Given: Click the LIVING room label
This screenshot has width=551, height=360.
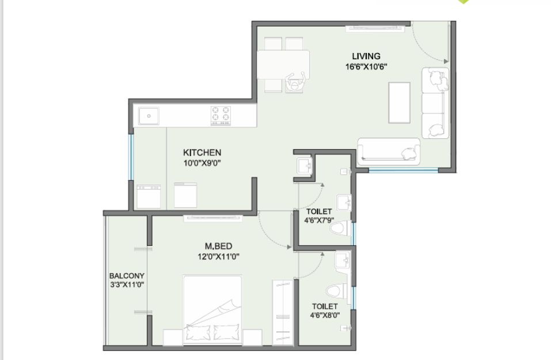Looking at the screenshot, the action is [366, 56].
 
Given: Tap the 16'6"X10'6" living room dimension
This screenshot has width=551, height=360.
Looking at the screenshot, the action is [366, 67].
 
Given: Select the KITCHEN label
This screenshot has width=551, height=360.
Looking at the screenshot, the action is [202, 153].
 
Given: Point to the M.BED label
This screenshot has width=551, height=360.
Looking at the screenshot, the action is [218, 246].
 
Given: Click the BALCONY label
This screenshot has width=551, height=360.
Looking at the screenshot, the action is [127, 276].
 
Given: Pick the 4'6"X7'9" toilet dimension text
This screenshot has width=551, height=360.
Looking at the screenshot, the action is [319, 221].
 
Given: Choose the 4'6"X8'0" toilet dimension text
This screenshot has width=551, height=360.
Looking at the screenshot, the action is [325, 315].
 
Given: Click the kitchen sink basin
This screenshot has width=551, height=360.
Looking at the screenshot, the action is [149, 116].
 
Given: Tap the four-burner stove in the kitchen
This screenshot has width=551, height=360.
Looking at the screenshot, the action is [221, 115].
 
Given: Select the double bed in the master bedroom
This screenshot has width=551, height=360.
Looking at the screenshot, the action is [212, 310].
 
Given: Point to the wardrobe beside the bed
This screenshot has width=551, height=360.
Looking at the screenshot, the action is [283, 313].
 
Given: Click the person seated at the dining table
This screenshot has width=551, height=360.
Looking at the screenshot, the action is [295, 82].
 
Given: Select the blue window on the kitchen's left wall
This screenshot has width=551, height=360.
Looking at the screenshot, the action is [131, 157].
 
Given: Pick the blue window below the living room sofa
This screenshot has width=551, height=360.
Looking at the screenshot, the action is [404, 170].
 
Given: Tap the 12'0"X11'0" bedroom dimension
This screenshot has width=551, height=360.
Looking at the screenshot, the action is [218, 257].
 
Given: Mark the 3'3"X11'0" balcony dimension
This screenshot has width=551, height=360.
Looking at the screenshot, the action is [127, 285].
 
